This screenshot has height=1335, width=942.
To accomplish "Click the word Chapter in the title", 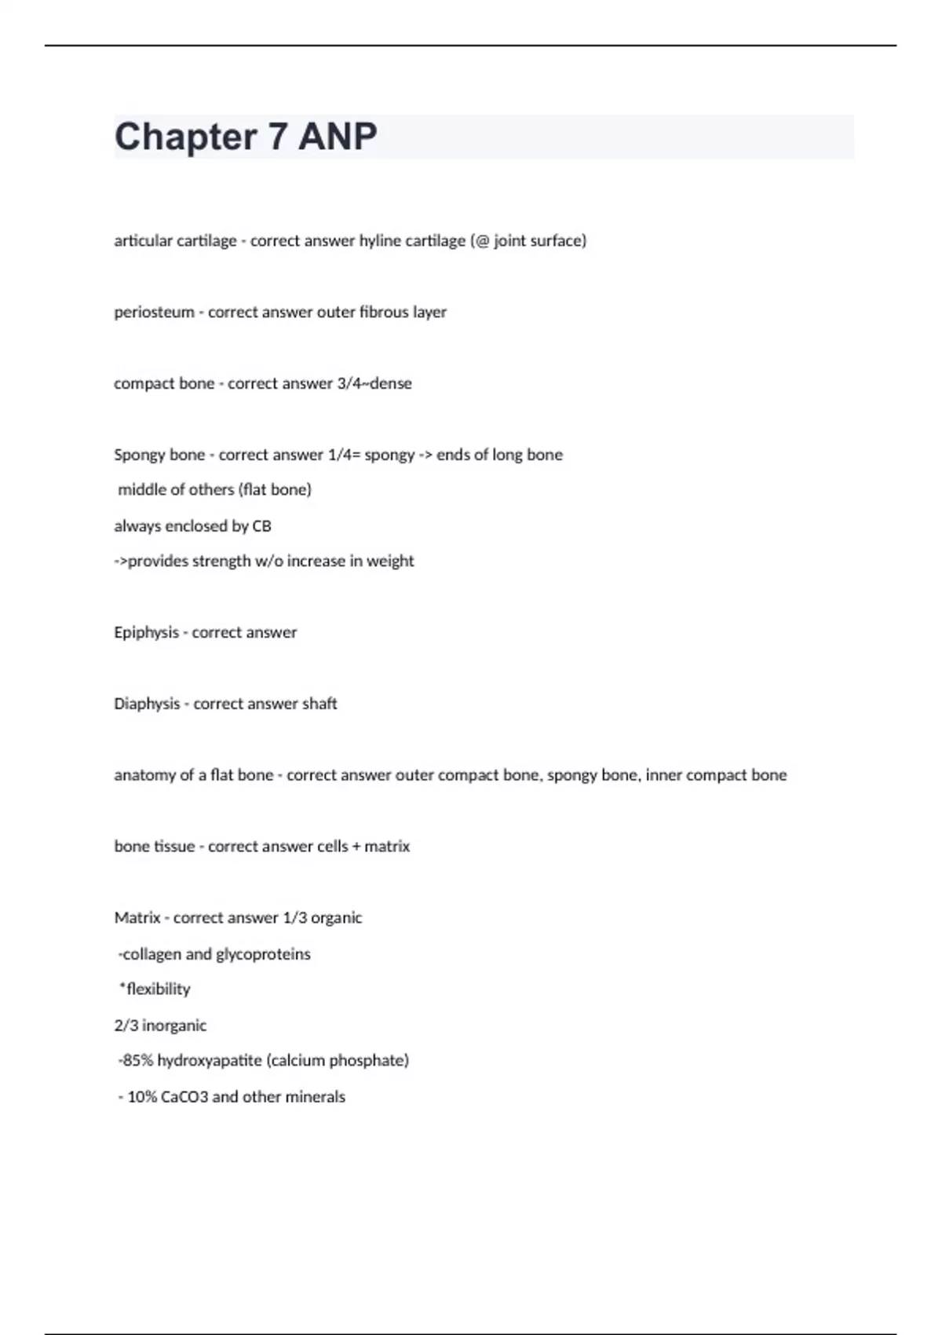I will pos(185,137).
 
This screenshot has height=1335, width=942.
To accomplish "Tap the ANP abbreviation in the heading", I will pos(338,137).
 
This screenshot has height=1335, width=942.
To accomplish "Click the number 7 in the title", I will pos(277,137).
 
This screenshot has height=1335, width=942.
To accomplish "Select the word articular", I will pos(142,241).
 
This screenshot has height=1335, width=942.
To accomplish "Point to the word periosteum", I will pos(154,313).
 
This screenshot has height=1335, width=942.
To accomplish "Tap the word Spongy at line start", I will pos(137,455).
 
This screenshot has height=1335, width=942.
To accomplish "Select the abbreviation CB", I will pos(261,526).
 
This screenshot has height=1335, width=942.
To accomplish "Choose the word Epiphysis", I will pos(146,633).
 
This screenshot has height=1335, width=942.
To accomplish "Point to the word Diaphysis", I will pos(147,704).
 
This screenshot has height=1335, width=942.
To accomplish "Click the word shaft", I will pos(319,704).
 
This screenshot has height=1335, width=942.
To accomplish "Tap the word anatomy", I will pos(144,776).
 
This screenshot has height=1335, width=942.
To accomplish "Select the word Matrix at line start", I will pos(137,918).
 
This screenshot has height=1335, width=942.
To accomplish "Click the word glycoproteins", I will pos(263,955).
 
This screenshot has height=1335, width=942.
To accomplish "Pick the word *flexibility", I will pos(155,989).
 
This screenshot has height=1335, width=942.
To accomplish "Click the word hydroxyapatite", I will pos(210,1061).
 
